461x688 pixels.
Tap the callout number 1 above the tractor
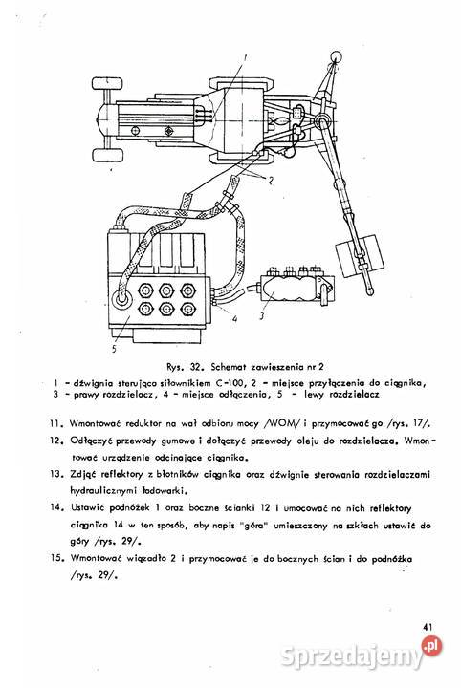(246, 57)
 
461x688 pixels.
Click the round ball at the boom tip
(336, 62)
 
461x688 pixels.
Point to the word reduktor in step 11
(138, 419)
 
